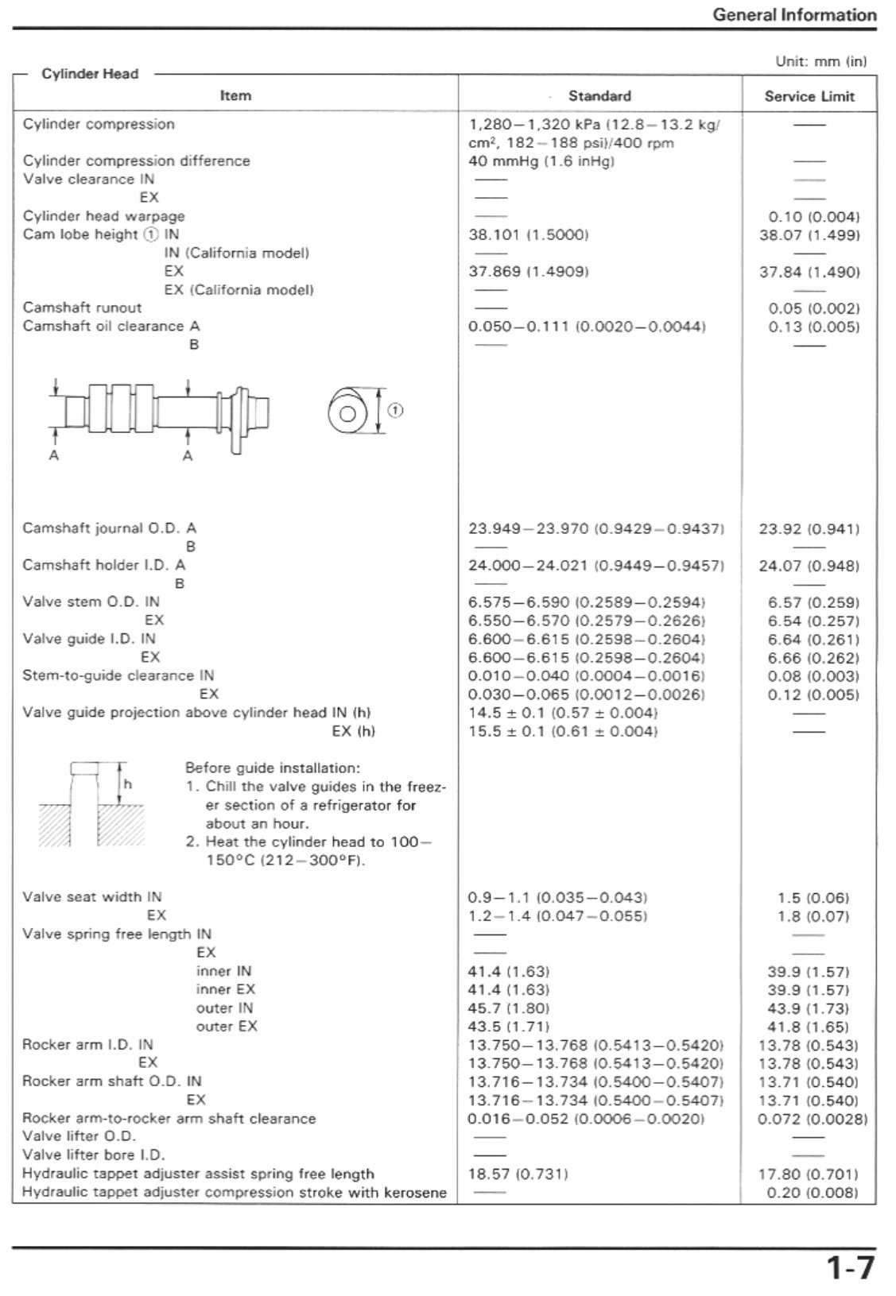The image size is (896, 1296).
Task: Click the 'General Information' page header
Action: (793, 14)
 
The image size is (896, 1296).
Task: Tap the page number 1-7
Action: (849, 1267)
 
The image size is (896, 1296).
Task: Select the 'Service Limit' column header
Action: (809, 96)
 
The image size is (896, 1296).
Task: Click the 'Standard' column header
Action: (599, 96)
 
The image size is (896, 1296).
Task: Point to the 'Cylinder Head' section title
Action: (90, 74)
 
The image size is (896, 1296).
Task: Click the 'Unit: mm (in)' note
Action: (820, 60)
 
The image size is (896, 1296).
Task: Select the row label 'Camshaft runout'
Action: (82, 308)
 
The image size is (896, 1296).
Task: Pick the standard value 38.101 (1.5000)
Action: (528, 234)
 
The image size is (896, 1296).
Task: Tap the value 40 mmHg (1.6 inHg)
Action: (541, 161)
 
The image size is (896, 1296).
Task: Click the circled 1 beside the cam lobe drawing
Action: (395, 410)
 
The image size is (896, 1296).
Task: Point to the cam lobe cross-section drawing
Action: (347, 412)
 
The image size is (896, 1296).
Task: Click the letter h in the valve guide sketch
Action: (127, 784)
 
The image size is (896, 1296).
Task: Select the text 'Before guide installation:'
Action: (272, 768)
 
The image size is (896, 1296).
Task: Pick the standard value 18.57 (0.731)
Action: (518, 1174)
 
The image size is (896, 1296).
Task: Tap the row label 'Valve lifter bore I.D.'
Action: (93, 1155)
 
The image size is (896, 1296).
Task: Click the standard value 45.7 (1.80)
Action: (508, 1008)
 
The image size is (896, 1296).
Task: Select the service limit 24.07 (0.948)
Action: (809, 566)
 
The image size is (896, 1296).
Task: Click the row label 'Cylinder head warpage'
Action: (103, 216)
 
